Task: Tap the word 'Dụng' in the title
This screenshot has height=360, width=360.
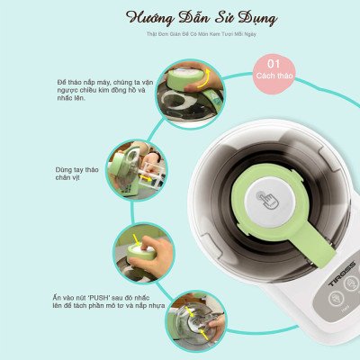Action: (x=235, y=18)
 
